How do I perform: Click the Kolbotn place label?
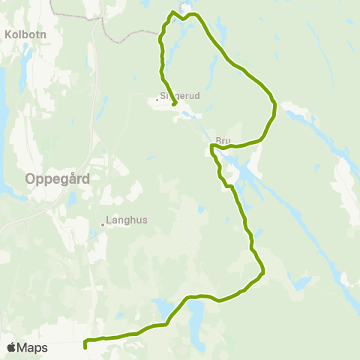[x=24, y=34]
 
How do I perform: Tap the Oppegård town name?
[x=58, y=179]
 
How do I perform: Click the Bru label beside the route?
[x=221, y=140]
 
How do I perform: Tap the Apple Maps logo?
[x=11, y=348]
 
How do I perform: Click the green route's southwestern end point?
[x=85, y=347]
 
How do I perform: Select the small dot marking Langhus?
[x=103, y=223]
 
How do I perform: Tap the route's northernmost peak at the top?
[x=173, y=11]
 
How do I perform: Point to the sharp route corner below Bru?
[x=212, y=148]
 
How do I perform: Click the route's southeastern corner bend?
[x=263, y=274]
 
